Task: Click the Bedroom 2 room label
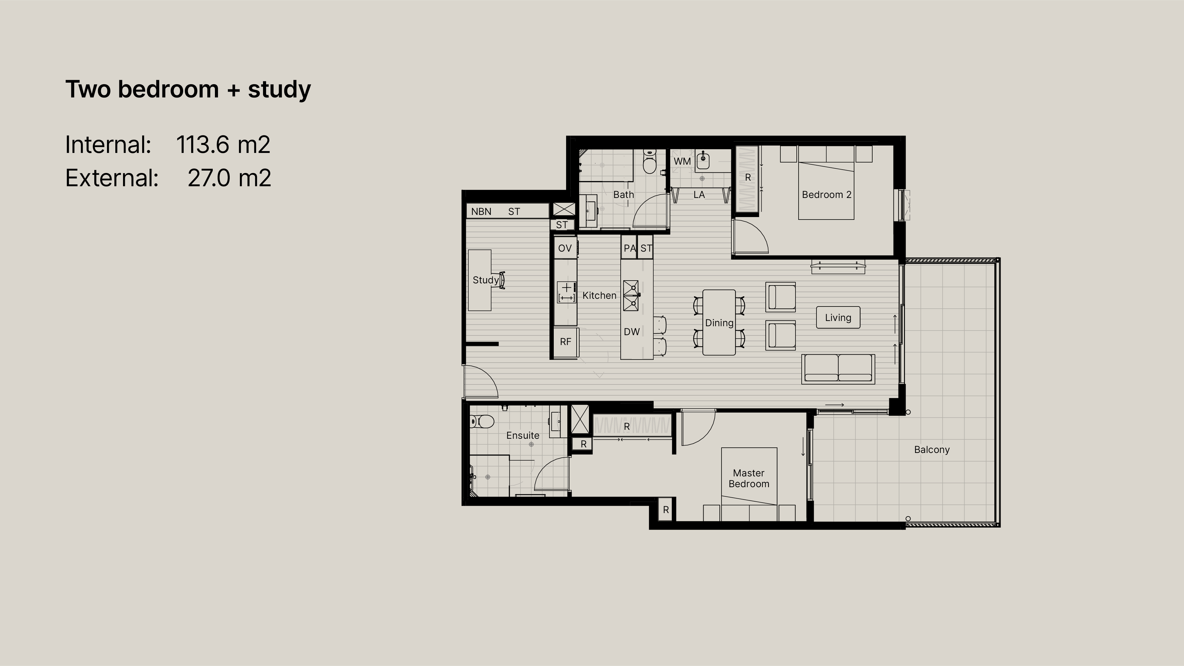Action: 826,195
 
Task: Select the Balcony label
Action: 932,450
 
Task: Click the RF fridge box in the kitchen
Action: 565,342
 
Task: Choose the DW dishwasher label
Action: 631,331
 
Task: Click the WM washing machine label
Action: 682,161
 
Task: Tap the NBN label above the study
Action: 481,212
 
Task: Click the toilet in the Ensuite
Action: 481,421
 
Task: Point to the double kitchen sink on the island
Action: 631,295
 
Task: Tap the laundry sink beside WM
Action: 703,161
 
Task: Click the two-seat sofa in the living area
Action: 838,369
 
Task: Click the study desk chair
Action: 501,280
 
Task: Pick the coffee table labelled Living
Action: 838,318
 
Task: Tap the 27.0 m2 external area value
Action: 229,178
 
